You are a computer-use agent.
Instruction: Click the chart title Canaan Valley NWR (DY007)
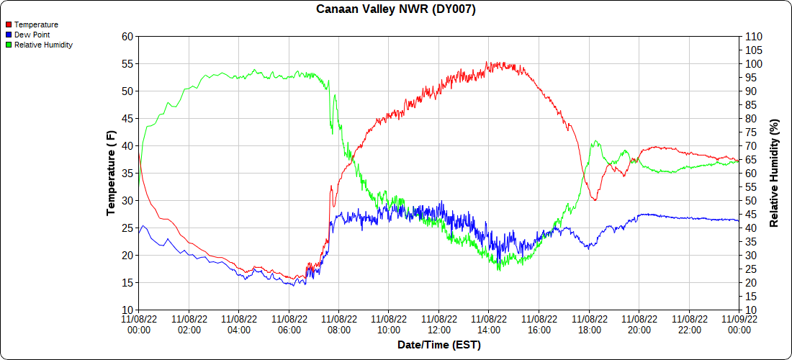tap(396, 9)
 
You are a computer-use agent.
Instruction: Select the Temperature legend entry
tap(36, 24)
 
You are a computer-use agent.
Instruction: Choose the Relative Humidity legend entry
tap(43, 45)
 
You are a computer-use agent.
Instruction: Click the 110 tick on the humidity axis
tap(753, 37)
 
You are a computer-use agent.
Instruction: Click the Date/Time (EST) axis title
tap(438, 345)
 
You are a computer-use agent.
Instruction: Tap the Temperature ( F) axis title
tap(111, 173)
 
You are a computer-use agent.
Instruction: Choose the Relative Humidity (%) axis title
tap(774, 173)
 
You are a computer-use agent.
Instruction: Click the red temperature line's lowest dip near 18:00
tap(595, 199)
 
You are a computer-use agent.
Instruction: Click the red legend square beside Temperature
tap(9, 24)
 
